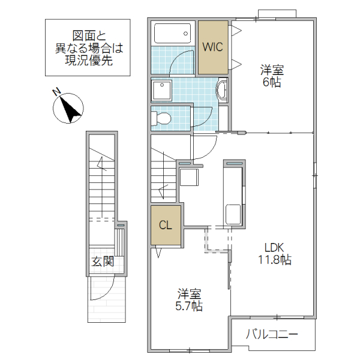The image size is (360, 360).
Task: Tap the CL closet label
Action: (165, 225)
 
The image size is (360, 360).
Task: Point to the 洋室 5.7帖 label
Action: (189, 300)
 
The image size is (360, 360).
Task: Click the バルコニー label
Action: (272, 334)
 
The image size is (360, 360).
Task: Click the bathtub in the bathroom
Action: (172, 33)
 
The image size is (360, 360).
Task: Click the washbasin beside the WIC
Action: (221, 90)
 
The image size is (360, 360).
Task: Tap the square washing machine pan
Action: (163, 91)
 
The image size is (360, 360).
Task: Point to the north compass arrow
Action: (69, 109)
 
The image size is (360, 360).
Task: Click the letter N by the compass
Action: (56, 92)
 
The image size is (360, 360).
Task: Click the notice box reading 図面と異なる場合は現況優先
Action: (88, 47)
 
